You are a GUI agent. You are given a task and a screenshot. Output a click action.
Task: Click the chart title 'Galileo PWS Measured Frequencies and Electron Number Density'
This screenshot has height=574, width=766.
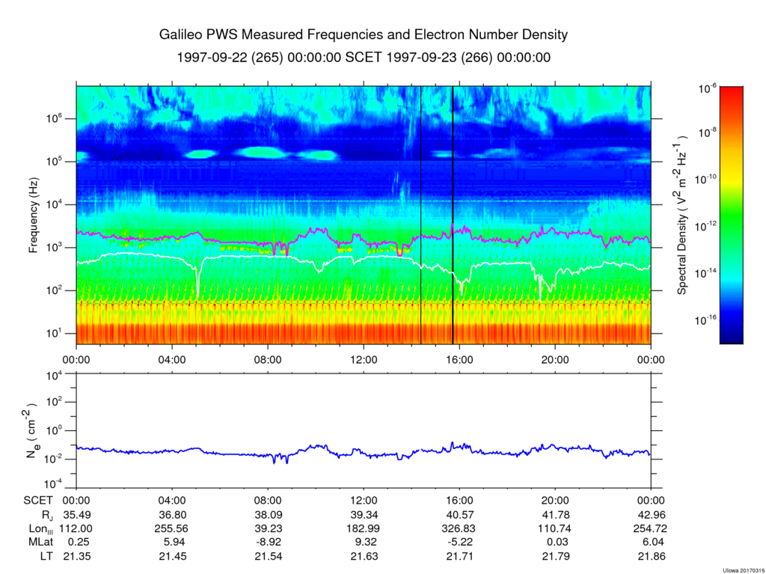(364, 34)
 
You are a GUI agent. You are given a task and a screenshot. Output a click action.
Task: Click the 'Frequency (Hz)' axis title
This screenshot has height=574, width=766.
(33, 215)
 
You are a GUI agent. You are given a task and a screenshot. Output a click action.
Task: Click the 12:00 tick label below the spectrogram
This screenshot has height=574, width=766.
(364, 360)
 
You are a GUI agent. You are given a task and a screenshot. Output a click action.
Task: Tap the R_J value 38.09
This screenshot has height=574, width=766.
(269, 515)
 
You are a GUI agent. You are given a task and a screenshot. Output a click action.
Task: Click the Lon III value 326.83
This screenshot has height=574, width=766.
(460, 528)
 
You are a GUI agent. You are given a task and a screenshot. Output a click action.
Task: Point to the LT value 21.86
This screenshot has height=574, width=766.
(652, 556)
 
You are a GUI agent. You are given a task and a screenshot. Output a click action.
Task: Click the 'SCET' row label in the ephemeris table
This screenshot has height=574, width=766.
(38, 501)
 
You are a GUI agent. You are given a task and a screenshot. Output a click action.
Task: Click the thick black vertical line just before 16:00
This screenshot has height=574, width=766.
(453, 215)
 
